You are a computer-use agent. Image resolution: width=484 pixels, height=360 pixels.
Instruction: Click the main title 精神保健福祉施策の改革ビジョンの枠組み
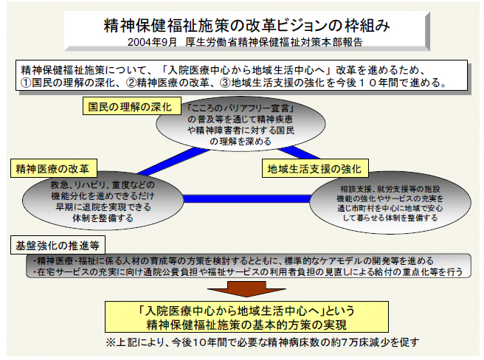click(242, 24)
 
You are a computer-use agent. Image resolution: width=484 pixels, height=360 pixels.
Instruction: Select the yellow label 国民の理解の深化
click(128, 106)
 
